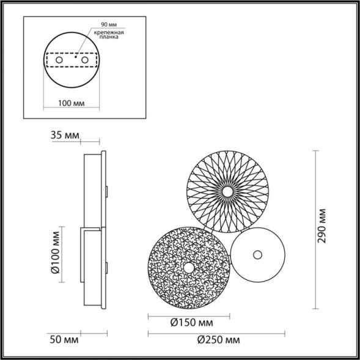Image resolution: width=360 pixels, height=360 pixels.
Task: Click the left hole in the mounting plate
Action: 58,61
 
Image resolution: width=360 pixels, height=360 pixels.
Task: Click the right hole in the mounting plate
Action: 86,61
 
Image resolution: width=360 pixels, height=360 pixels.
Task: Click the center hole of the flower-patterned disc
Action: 227,191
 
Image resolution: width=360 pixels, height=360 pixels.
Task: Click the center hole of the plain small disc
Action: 257,254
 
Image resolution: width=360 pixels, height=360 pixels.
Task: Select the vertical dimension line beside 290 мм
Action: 314,229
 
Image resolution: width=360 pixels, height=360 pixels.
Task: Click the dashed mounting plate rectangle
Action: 72,61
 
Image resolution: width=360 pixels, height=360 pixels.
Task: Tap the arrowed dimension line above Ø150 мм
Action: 189,315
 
